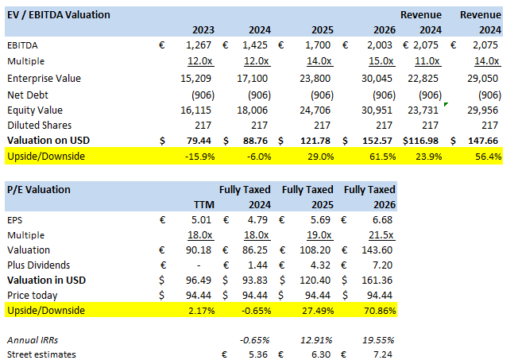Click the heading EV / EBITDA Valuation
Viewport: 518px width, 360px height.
(58, 14)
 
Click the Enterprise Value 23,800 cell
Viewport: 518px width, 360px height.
(314, 79)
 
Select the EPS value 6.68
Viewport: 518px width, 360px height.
(384, 220)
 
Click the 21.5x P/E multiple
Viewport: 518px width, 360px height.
(381, 235)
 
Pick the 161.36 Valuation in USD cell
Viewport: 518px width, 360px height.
(379, 280)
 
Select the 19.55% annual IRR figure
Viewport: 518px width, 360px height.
(378, 339)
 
